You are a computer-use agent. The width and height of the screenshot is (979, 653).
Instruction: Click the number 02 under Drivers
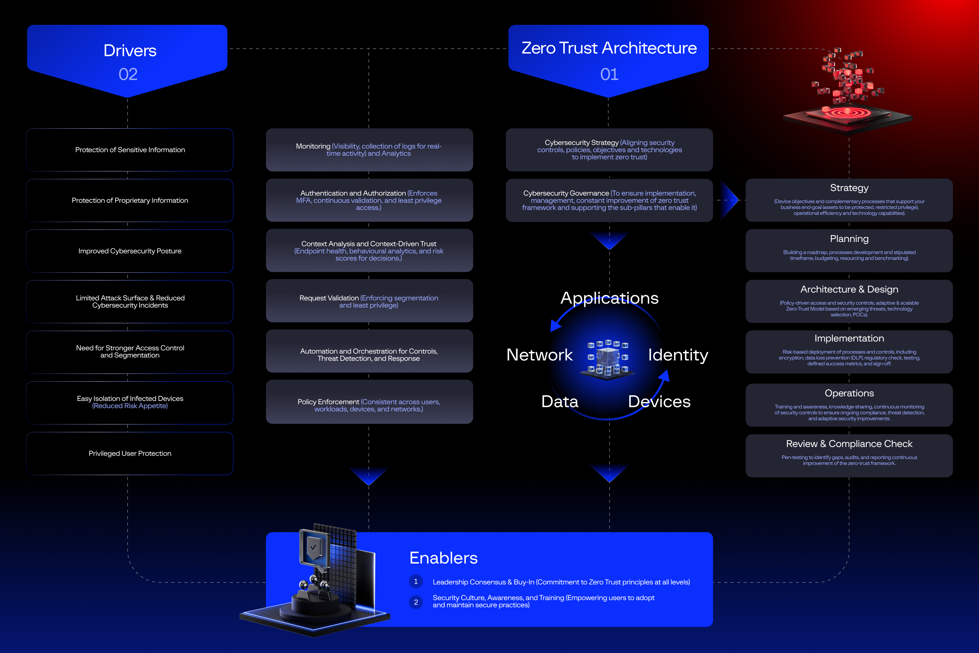(128, 74)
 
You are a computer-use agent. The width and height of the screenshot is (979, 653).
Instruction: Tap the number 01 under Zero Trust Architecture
(609, 74)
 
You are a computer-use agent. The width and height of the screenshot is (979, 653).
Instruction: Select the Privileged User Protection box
(130, 454)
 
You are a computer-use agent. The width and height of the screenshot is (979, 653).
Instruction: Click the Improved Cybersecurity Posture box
(130, 251)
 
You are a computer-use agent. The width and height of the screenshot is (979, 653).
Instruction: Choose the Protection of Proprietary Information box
(130, 200)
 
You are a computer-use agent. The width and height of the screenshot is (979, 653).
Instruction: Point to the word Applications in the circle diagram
(609, 298)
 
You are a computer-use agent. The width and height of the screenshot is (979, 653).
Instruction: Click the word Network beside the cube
(539, 355)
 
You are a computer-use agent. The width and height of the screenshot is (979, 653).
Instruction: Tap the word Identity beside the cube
(678, 355)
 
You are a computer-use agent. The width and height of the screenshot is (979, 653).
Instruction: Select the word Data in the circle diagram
(560, 402)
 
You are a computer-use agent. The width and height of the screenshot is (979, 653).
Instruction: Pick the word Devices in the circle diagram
(659, 402)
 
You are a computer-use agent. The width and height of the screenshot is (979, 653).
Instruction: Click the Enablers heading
(443, 558)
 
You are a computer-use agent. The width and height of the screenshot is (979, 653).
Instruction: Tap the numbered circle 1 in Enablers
(416, 581)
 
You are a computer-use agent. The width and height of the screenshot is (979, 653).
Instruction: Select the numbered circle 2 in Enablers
(416, 602)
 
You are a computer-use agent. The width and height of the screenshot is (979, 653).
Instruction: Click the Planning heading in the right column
(849, 239)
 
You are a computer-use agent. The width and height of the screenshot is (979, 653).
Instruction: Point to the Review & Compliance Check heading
(849, 444)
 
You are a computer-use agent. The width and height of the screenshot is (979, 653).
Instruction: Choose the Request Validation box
(369, 301)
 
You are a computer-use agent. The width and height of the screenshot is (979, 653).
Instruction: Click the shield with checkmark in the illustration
(313, 547)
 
